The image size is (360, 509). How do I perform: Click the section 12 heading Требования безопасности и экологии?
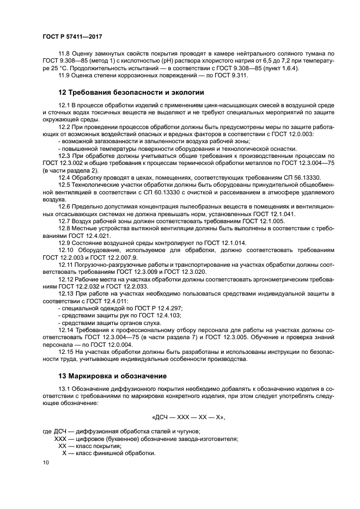point(131,93)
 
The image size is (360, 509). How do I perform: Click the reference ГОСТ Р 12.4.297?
point(138,308)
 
